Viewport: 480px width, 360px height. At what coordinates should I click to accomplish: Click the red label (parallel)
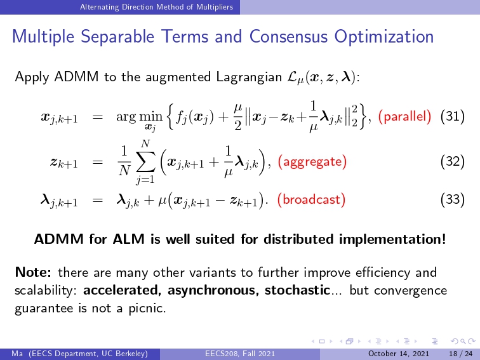(x=404, y=116)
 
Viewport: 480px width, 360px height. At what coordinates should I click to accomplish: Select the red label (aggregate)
(x=312, y=161)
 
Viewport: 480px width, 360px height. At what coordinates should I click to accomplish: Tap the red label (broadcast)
(x=311, y=199)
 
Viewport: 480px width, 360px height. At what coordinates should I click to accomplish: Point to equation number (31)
(x=453, y=116)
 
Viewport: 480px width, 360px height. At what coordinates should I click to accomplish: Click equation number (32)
(x=453, y=161)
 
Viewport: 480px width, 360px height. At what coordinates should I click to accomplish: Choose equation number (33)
(x=453, y=199)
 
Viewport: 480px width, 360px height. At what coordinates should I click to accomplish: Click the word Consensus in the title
(x=288, y=36)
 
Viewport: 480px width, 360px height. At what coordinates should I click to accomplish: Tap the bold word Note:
(x=33, y=272)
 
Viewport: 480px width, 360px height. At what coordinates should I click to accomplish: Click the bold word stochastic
(x=297, y=290)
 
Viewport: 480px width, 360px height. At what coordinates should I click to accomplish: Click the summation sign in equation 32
(x=145, y=161)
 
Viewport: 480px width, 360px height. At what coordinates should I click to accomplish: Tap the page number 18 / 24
(x=461, y=354)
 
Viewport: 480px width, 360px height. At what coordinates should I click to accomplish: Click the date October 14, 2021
(x=399, y=354)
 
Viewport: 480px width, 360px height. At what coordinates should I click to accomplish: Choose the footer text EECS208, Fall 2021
(x=240, y=354)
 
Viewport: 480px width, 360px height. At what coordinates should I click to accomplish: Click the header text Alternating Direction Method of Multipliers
(x=156, y=7)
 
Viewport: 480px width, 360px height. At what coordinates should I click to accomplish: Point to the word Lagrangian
(x=249, y=77)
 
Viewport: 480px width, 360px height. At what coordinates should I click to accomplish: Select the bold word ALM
(x=128, y=239)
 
